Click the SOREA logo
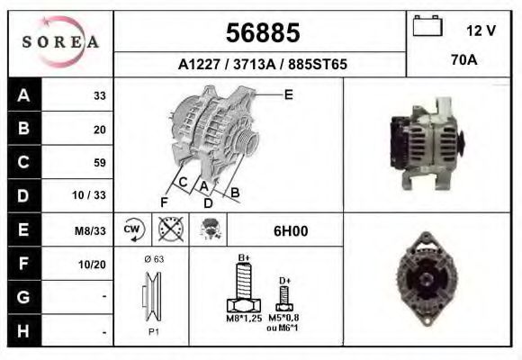click(60, 42)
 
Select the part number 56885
click(261, 33)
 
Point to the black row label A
click(22, 95)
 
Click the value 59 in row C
click(99, 163)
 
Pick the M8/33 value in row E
click(91, 230)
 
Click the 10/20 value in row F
click(93, 265)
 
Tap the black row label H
click(22, 331)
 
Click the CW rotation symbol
click(131, 229)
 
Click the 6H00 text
click(291, 230)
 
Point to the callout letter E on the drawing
click(288, 94)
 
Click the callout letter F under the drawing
click(164, 202)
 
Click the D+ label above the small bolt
click(284, 281)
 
